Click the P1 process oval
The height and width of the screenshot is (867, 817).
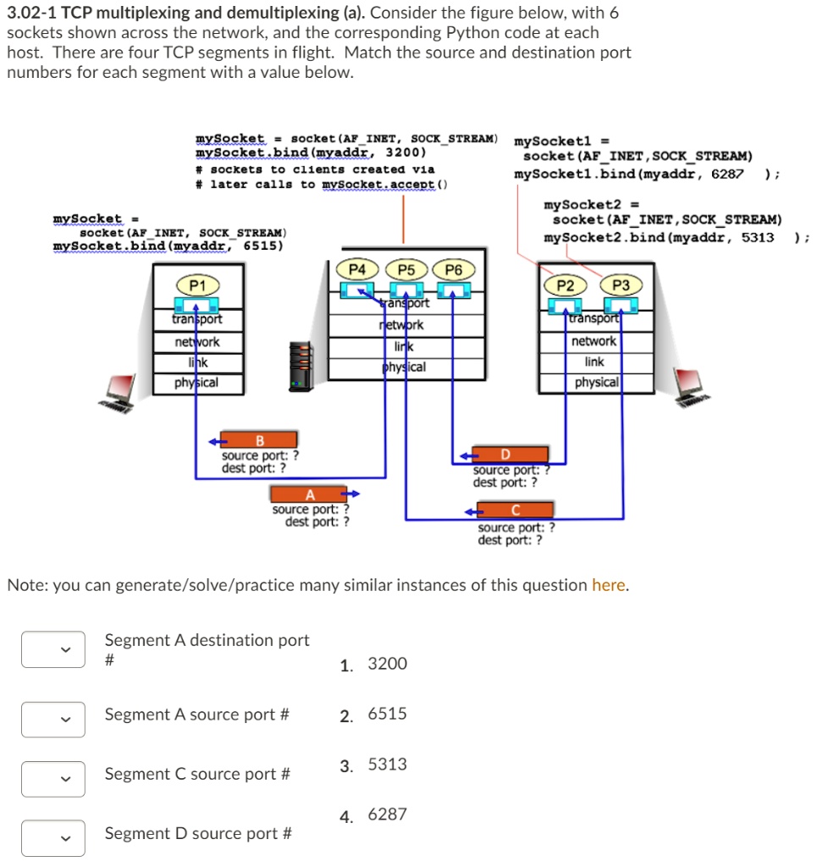[197, 285]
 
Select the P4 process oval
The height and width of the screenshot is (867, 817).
[359, 269]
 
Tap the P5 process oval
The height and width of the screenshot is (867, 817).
[406, 269]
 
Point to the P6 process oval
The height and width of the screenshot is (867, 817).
[454, 269]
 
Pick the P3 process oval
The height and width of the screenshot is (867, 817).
[621, 285]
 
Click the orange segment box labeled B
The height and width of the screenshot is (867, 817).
[259, 439]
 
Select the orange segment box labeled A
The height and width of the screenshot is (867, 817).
[309, 494]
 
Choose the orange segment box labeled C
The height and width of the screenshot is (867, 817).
[515, 510]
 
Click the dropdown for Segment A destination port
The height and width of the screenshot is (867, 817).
[52, 649]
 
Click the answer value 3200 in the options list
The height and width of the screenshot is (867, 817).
[387, 664]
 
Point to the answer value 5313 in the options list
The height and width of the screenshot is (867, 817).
[387, 765]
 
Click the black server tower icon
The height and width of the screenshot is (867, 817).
[301, 368]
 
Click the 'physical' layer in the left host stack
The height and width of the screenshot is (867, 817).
[196, 383]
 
